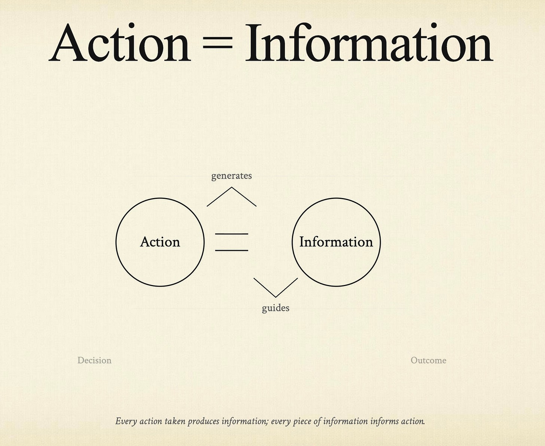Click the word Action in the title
120,43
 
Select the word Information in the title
369,43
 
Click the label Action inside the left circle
160,242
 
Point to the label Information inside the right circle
336,242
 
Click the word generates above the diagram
231,176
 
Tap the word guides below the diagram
275,308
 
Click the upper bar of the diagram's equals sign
232,234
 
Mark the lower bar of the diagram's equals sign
232,250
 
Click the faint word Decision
94,360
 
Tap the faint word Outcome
428,360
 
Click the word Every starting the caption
126,421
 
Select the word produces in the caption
203,421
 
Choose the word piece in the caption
302,421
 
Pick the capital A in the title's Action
68,43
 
